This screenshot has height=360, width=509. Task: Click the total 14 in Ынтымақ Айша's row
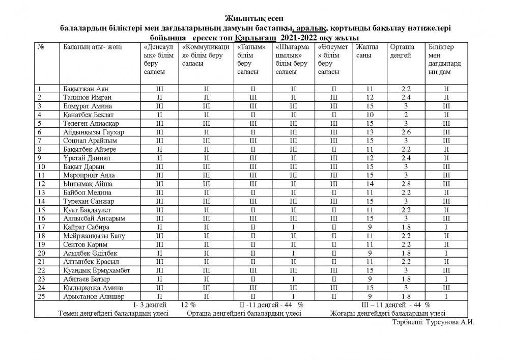pyautogui.click(x=370, y=183)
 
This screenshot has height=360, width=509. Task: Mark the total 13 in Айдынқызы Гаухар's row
pyautogui.click(x=370, y=132)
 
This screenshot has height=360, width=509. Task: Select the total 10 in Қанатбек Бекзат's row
pyautogui.click(x=370, y=115)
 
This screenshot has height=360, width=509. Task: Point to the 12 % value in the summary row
pyautogui.click(x=188, y=304)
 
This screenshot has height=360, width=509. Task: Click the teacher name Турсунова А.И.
pyautogui.click(x=448, y=322)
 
